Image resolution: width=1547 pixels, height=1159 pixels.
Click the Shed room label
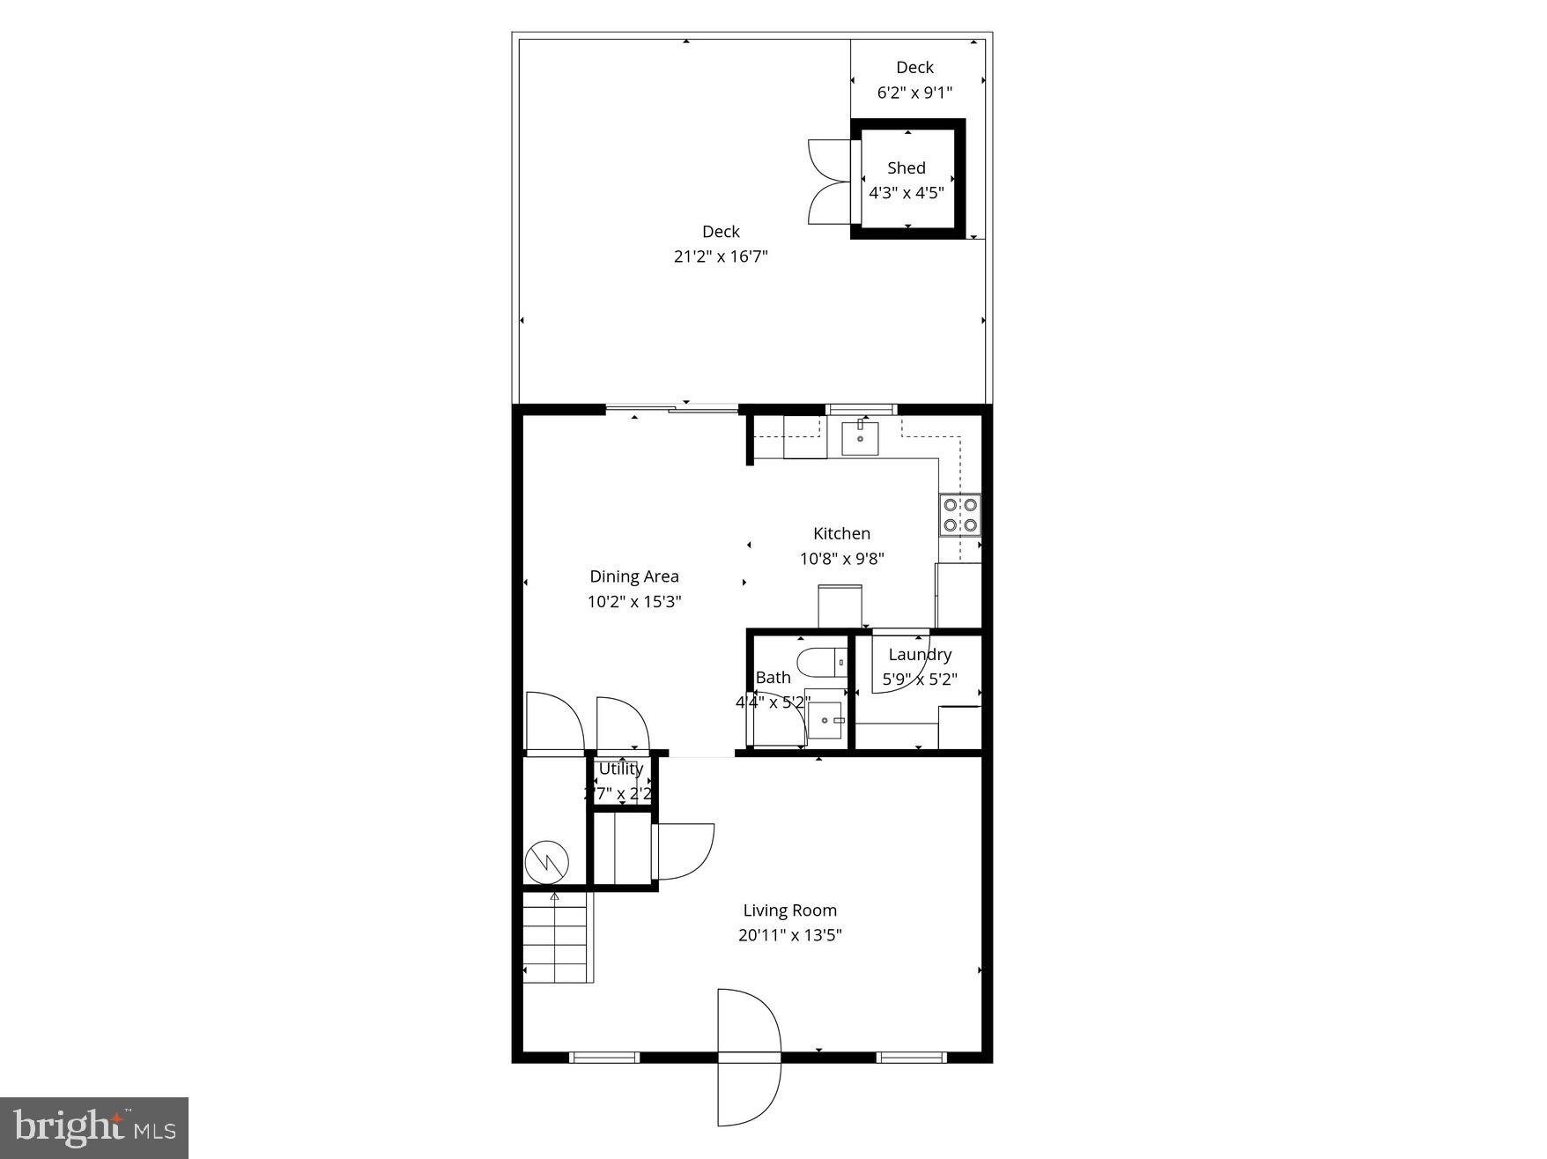tap(906, 167)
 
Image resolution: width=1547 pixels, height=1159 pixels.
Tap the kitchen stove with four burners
tap(960, 516)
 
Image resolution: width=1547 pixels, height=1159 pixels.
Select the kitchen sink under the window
tap(859, 438)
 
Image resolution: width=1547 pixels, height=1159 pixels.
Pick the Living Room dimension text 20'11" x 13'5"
tap(789, 935)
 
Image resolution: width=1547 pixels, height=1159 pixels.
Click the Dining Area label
tap(634, 576)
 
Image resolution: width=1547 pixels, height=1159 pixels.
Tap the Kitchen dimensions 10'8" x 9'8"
tap(841, 559)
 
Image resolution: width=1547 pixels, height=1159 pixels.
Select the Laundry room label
tap(920, 654)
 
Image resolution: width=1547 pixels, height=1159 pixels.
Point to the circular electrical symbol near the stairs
tap(547, 862)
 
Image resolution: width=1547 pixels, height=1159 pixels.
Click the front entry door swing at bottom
tap(749, 1058)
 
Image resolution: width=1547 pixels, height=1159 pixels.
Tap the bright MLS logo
tap(94, 1127)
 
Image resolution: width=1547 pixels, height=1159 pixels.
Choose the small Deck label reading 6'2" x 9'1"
tap(914, 92)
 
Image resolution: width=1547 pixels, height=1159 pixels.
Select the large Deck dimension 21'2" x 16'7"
tap(721, 256)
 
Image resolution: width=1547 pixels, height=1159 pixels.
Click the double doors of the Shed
tap(828, 181)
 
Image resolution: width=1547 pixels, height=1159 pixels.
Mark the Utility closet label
tap(621, 769)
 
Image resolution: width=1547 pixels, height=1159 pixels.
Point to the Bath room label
tap(773, 678)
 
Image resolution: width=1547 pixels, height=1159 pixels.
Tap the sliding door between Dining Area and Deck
tap(671, 408)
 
